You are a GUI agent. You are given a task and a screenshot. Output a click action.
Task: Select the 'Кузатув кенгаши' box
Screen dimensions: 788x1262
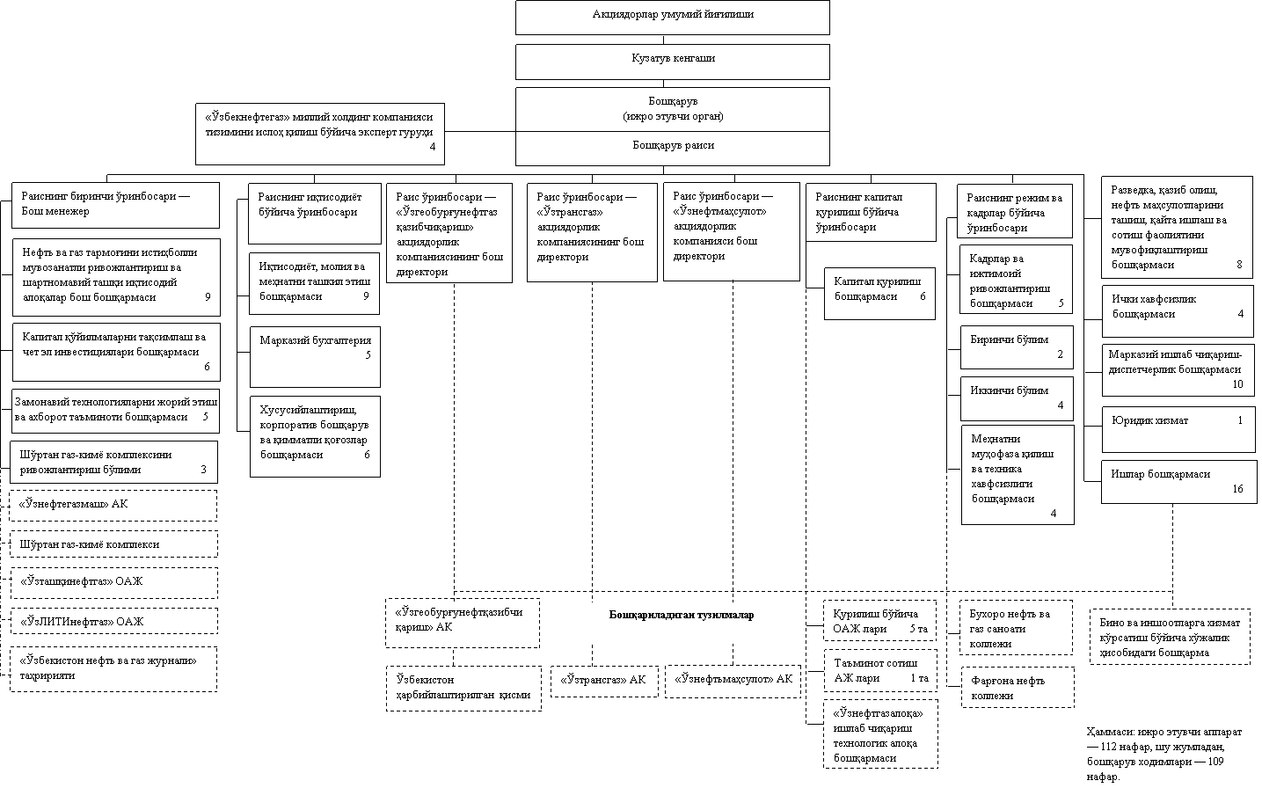pos(672,61)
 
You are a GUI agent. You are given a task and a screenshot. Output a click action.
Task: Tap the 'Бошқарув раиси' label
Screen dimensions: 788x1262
pos(672,147)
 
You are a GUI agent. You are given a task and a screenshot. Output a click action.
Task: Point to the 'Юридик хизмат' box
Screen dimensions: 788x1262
pos(1177,427)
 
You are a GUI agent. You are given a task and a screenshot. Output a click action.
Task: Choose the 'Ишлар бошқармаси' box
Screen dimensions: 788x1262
pos(1177,481)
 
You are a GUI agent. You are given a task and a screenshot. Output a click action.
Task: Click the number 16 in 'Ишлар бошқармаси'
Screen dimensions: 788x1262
pos(1237,489)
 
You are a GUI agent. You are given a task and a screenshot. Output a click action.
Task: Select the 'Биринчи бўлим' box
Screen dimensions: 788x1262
pos(1016,346)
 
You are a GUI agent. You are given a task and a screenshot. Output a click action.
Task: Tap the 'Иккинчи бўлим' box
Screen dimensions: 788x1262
pos(1016,398)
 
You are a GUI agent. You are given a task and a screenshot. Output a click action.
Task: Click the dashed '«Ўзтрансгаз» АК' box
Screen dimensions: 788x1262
pos(603,681)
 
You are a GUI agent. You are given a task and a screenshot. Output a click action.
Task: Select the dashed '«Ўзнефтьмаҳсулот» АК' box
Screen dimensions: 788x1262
pos(733,681)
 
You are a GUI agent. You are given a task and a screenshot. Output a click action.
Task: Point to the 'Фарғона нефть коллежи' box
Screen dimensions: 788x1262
pos(1016,687)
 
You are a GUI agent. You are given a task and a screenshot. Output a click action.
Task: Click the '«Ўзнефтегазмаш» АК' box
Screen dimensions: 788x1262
pos(113,506)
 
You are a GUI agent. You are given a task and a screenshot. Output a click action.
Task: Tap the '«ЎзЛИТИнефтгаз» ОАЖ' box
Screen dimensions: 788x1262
pos(113,622)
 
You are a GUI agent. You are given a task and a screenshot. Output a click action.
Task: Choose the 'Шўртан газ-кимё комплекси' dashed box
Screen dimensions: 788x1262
pos(113,544)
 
